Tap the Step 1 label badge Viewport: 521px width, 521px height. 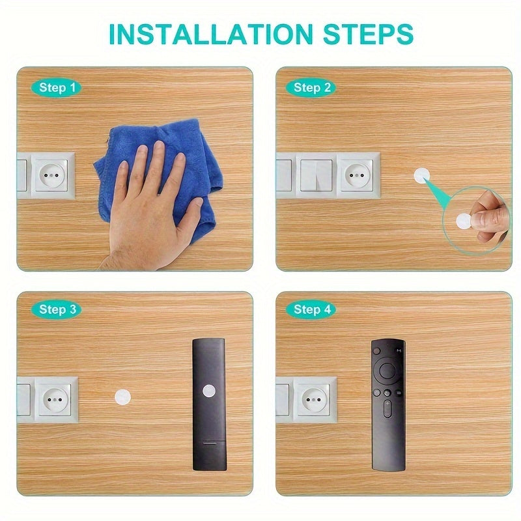tap(57, 87)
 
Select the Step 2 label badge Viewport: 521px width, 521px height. tap(312, 87)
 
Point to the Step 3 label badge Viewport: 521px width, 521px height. tap(57, 309)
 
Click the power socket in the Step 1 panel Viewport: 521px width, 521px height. tap(52, 176)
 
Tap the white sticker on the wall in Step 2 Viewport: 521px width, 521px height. tap(422, 176)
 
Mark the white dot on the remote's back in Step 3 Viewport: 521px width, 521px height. tap(208, 391)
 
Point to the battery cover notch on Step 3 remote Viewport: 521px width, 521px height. tap(208, 442)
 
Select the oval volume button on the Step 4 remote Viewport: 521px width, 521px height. tap(387, 410)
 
